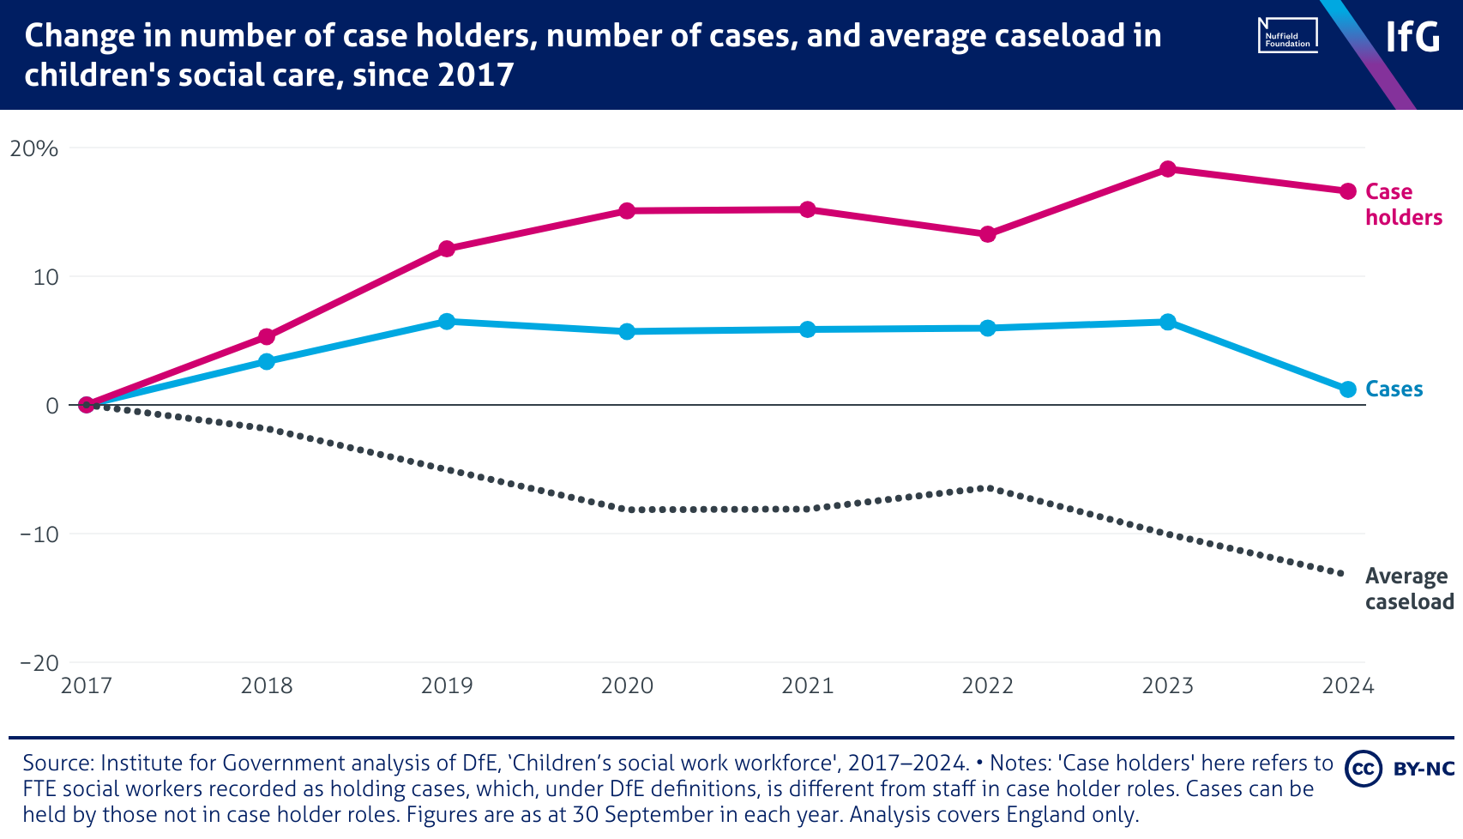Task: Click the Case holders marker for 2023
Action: click(1167, 169)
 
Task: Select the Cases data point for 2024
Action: click(1347, 389)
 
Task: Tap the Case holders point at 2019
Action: click(447, 249)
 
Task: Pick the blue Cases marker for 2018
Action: click(267, 362)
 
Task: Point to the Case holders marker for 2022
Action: click(987, 234)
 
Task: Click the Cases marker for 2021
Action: click(807, 329)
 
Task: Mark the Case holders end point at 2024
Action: click(1347, 191)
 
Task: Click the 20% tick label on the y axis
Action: click(34, 148)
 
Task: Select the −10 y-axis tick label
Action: click(39, 534)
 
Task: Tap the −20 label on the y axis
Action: click(39, 663)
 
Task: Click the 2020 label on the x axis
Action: click(627, 685)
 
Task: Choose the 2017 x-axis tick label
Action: click(87, 685)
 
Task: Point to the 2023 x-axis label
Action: click(1167, 685)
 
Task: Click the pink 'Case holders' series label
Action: click(1403, 204)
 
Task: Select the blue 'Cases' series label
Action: click(1394, 389)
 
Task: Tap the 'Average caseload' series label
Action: click(1408, 589)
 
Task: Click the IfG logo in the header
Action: click(1412, 37)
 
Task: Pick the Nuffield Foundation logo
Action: click(1287, 36)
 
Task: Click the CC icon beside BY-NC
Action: click(1363, 769)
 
